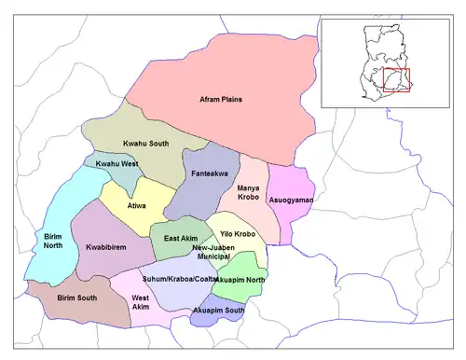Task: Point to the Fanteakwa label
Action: click(x=207, y=173)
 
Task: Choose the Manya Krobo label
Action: click(x=247, y=193)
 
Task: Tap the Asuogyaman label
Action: click(x=291, y=200)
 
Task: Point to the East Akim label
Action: click(x=180, y=239)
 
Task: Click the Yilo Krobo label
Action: click(x=238, y=233)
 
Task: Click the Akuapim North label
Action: click(x=240, y=278)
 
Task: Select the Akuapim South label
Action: click(x=219, y=309)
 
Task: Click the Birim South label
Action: click(x=78, y=297)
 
